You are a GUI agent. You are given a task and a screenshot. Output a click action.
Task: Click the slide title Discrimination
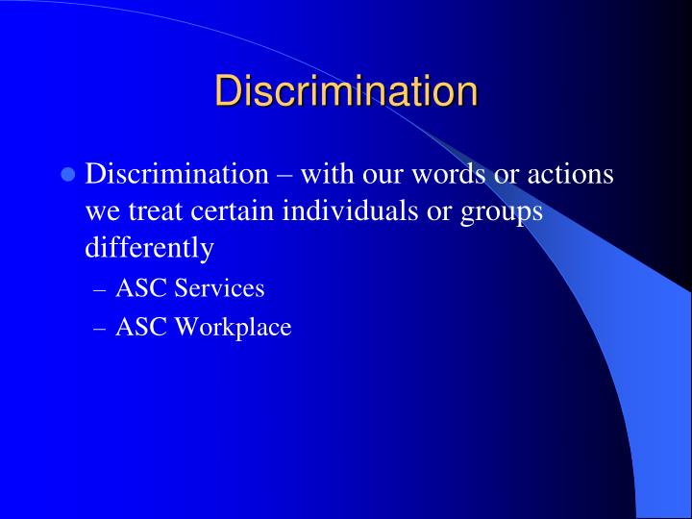click(x=346, y=91)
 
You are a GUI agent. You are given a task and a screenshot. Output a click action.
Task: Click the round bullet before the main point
click(x=68, y=176)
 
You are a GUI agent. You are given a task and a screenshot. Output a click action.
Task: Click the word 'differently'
click(x=149, y=248)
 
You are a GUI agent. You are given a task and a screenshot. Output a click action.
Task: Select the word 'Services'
click(x=219, y=288)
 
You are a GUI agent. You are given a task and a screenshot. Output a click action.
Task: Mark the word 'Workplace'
click(x=233, y=328)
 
